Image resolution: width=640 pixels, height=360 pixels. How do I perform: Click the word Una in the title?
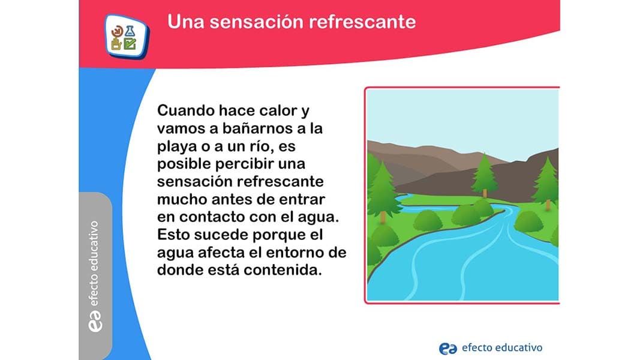(x=185, y=22)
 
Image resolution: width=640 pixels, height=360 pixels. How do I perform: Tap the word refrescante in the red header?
(x=362, y=22)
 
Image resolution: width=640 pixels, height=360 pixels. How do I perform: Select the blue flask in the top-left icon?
(x=130, y=31)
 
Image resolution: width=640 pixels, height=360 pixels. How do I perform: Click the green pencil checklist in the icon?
(x=130, y=44)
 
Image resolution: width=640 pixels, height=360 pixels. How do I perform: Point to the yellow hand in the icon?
(x=117, y=44)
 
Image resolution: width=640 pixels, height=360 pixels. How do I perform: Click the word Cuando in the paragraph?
(x=186, y=110)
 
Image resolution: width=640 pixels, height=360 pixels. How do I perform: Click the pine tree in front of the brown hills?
(x=485, y=176)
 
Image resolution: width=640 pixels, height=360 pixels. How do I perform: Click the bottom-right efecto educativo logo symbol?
(x=447, y=348)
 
